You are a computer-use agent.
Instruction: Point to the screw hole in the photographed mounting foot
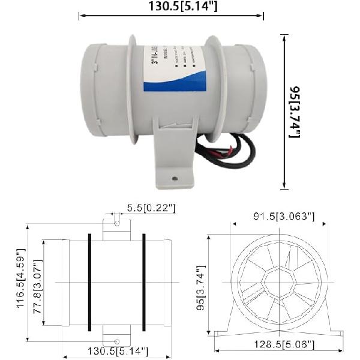tap(175, 178)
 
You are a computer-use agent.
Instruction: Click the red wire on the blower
tap(223, 152)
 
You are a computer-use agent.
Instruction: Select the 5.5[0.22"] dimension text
tap(151, 208)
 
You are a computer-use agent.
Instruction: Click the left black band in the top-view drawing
tap(89, 282)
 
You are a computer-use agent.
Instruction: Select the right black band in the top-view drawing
tap(143, 282)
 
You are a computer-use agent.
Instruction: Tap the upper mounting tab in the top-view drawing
tap(116, 229)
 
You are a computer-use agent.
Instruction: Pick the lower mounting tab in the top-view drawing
tap(116, 337)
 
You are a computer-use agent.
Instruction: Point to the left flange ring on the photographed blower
tap(132, 90)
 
